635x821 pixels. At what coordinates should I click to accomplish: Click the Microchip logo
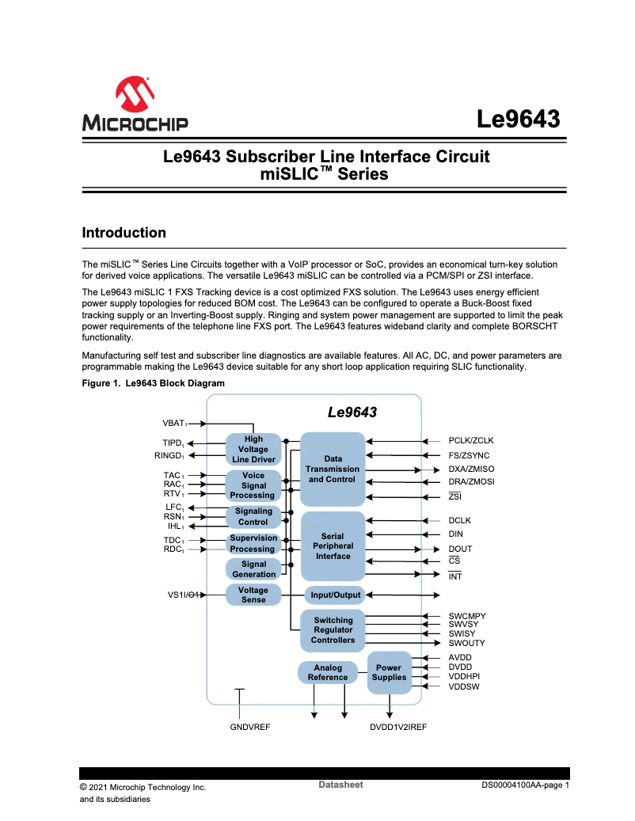pyautogui.click(x=135, y=104)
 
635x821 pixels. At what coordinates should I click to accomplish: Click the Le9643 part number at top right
pyautogui.click(x=519, y=120)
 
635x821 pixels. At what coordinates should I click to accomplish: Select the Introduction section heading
pyautogui.click(x=124, y=233)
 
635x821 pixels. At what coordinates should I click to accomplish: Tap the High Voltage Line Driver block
pyautogui.click(x=253, y=450)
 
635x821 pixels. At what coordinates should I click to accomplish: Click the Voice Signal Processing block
pyautogui.click(x=253, y=485)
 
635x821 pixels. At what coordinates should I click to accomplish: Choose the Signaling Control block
pyautogui.click(x=253, y=517)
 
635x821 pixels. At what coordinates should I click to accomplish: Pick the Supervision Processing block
pyautogui.click(x=253, y=543)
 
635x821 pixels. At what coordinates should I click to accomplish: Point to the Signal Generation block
pyautogui.click(x=253, y=569)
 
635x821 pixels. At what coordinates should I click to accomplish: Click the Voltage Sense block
pyautogui.click(x=253, y=595)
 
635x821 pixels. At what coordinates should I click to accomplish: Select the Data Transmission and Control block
pyautogui.click(x=333, y=469)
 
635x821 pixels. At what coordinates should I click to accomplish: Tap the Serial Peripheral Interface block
pyautogui.click(x=333, y=546)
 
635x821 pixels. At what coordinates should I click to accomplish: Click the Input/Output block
pyautogui.click(x=335, y=595)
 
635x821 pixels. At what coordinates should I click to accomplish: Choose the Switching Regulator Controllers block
pyautogui.click(x=333, y=630)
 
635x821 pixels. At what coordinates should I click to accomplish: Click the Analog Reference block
pyautogui.click(x=328, y=672)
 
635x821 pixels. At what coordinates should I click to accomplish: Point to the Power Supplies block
pyautogui.click(x=389, y=672)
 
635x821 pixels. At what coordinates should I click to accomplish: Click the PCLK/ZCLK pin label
pyautogui.click(x=471, y=440)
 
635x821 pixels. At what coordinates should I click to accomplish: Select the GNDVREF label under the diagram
pyautogui.click(x=250, y=727)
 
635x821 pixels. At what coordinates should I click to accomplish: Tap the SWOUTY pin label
pyautogui.click(x=466, y=643)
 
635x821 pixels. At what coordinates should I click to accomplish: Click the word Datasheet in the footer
pyautogui.click(x=340, y=785)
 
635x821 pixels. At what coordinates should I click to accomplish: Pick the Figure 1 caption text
pyautogui.click(x=153, y=383)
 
